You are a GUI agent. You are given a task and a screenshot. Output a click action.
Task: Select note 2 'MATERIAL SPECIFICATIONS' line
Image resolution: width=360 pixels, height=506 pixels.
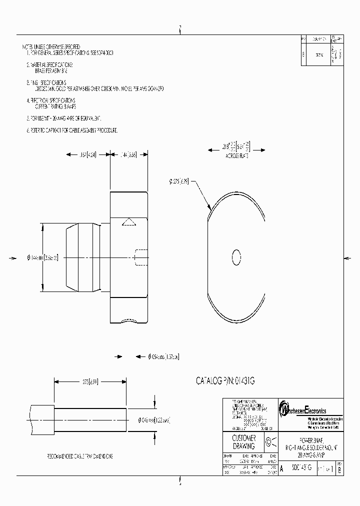click(x=49, y=65)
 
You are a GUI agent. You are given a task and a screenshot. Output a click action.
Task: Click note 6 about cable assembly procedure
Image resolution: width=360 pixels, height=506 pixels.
click(x=72, y=130)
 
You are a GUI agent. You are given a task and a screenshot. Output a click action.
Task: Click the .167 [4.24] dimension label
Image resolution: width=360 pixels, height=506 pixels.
click(x=89, y=154)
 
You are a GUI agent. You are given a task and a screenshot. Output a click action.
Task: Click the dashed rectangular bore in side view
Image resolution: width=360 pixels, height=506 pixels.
click(x=141, y=258)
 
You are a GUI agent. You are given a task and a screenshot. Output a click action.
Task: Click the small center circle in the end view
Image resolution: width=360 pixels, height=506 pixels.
click(x=237, y=257)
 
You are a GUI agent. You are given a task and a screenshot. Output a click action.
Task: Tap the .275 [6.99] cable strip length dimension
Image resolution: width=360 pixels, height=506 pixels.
click(x=90, y=382)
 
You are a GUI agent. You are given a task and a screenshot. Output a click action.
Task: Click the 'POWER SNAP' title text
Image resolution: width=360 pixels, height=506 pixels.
click(x=310, y=436)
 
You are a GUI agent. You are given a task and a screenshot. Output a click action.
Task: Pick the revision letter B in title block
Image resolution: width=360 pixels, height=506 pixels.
click(x=340, y=470)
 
